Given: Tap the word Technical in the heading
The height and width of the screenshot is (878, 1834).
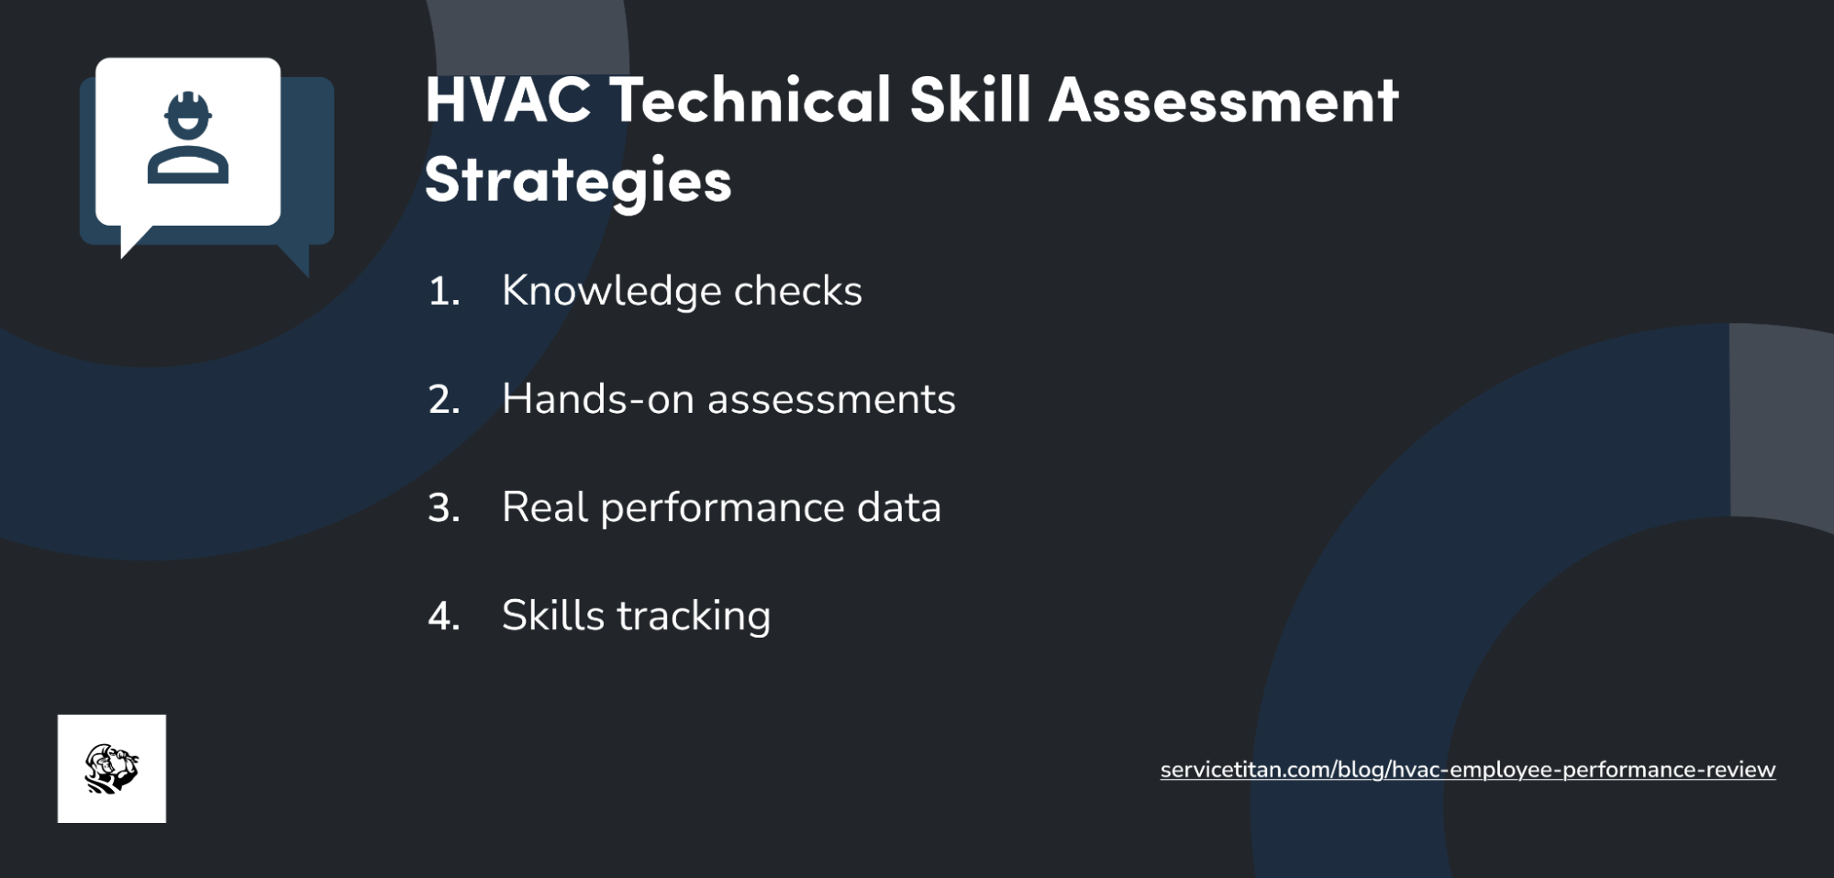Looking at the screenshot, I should tap(750, 100).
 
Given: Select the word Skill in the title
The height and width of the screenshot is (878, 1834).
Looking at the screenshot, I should tap(970, 100).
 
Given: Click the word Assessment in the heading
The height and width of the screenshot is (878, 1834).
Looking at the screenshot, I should tap(1223, 100).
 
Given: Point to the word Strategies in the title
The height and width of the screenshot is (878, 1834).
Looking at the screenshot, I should tap(578, 180).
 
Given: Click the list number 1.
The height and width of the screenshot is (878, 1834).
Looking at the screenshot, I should tap(443, 292).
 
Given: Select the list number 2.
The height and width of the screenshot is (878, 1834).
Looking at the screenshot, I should tap(444, 400).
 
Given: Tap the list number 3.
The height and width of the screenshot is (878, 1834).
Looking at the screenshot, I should tap(444, 508).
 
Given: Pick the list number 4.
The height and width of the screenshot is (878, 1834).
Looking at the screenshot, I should tap(444, 617).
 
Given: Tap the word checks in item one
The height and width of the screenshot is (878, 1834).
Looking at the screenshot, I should tap(797, 292).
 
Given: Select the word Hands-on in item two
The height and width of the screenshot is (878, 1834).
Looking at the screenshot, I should tap(597, 400).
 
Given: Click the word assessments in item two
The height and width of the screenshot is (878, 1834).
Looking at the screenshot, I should tap(831, 400).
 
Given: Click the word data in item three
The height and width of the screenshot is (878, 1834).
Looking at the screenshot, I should tap(899, 508).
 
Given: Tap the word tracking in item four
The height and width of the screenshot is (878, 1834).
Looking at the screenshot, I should tap(694, 617).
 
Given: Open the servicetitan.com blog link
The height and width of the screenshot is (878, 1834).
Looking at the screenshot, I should tap(1467, 770).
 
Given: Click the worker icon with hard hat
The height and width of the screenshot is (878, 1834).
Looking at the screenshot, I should tap(188, 139).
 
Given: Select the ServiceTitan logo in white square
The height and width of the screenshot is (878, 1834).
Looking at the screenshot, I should tap(112, 769).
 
